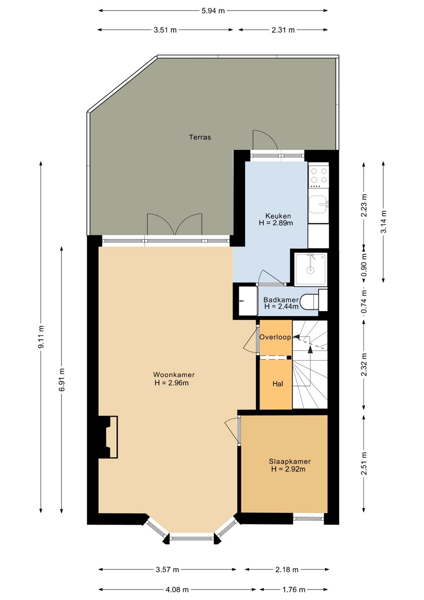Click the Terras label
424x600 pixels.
(200, 137)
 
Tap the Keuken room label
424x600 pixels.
(278, 216)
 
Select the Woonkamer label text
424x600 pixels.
(174, 375)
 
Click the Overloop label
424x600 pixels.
(275, 337)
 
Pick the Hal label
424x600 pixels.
(278, 384)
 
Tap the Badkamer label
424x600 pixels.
(281, 300)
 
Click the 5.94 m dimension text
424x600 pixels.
(213, 11)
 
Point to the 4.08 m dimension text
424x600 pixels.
(177, 589)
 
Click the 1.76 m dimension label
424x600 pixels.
(294, 589)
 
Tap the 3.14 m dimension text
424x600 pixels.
(384, 222)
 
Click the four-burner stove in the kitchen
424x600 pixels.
(318, 176)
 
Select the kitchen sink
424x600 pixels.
(319, 205)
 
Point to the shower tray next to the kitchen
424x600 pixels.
(311, 269)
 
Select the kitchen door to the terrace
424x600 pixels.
(265, 140)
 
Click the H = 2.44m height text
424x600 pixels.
(281, 307)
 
